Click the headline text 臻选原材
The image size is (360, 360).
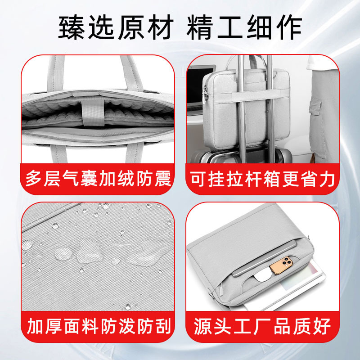[x=116, y=27]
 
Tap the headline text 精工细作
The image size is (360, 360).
[x=244, y=27]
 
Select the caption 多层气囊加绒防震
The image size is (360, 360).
[x=99, y=178]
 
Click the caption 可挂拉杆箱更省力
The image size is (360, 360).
[x=262, y=179]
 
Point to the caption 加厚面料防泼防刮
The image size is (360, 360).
[x=99, y=326]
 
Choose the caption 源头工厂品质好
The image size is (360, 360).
[x=262, y=326]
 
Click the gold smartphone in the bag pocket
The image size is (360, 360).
[x=281, y=265]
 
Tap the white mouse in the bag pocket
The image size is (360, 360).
[x=263, y=275]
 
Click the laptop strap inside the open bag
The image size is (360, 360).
[x=94, y=112]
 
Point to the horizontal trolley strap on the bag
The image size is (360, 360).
[x=251, y=96]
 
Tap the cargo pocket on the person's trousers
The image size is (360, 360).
[x=315, y=106]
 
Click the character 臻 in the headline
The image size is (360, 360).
[x=72, y=27]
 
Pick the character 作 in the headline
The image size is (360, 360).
[x=289, y=27]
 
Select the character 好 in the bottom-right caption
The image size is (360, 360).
[x=321, y=326]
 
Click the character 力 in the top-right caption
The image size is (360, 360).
[x=327, y=179]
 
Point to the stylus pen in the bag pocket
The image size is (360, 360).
[x=264, y=258]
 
